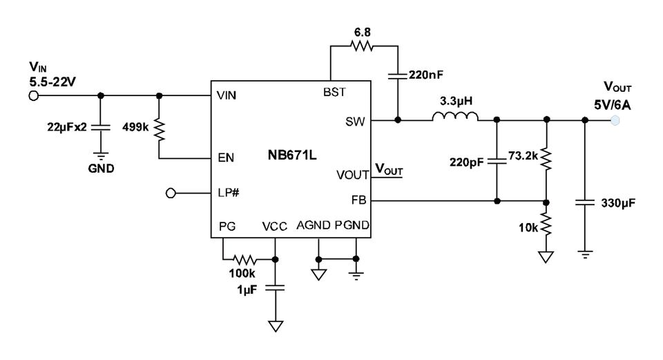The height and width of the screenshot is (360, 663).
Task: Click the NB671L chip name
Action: click(x=291, y=155)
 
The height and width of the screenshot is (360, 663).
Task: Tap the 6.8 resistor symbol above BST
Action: click(x=362, y=46)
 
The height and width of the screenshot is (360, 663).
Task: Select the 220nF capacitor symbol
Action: click(x=398, y=76)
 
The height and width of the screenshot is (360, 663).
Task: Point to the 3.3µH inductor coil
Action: click(x=455, y=116)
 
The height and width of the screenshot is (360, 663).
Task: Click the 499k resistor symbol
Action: click(x=159, y=130)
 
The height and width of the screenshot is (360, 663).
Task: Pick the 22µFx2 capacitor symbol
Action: click(x=101, y=127)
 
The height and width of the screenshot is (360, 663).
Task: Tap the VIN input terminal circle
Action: click(x=33, y=95)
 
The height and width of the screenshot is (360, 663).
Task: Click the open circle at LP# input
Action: click(x=171, y=193)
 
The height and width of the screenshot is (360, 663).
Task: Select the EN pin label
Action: click(x=226, y=158)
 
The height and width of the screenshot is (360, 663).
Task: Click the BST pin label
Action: click(x=334, y=92)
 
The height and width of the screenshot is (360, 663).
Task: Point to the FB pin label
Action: click(x=358, y=200)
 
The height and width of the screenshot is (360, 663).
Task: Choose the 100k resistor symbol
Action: click(x=244, y=259)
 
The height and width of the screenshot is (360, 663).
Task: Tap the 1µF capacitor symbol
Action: click(x=275, y=287)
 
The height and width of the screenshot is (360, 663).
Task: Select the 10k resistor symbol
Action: click(x=546, y=224)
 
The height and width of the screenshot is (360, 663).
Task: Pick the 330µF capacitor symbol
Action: click(x=585, y=202)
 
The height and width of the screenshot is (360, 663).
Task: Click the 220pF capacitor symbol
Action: click(x=497, y=161)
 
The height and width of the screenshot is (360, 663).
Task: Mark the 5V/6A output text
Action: click(x=613, y=105)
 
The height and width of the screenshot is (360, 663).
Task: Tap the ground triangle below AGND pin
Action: click(x=318, y=275)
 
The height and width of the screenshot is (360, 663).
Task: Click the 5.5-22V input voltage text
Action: click(x=52, y=82)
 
